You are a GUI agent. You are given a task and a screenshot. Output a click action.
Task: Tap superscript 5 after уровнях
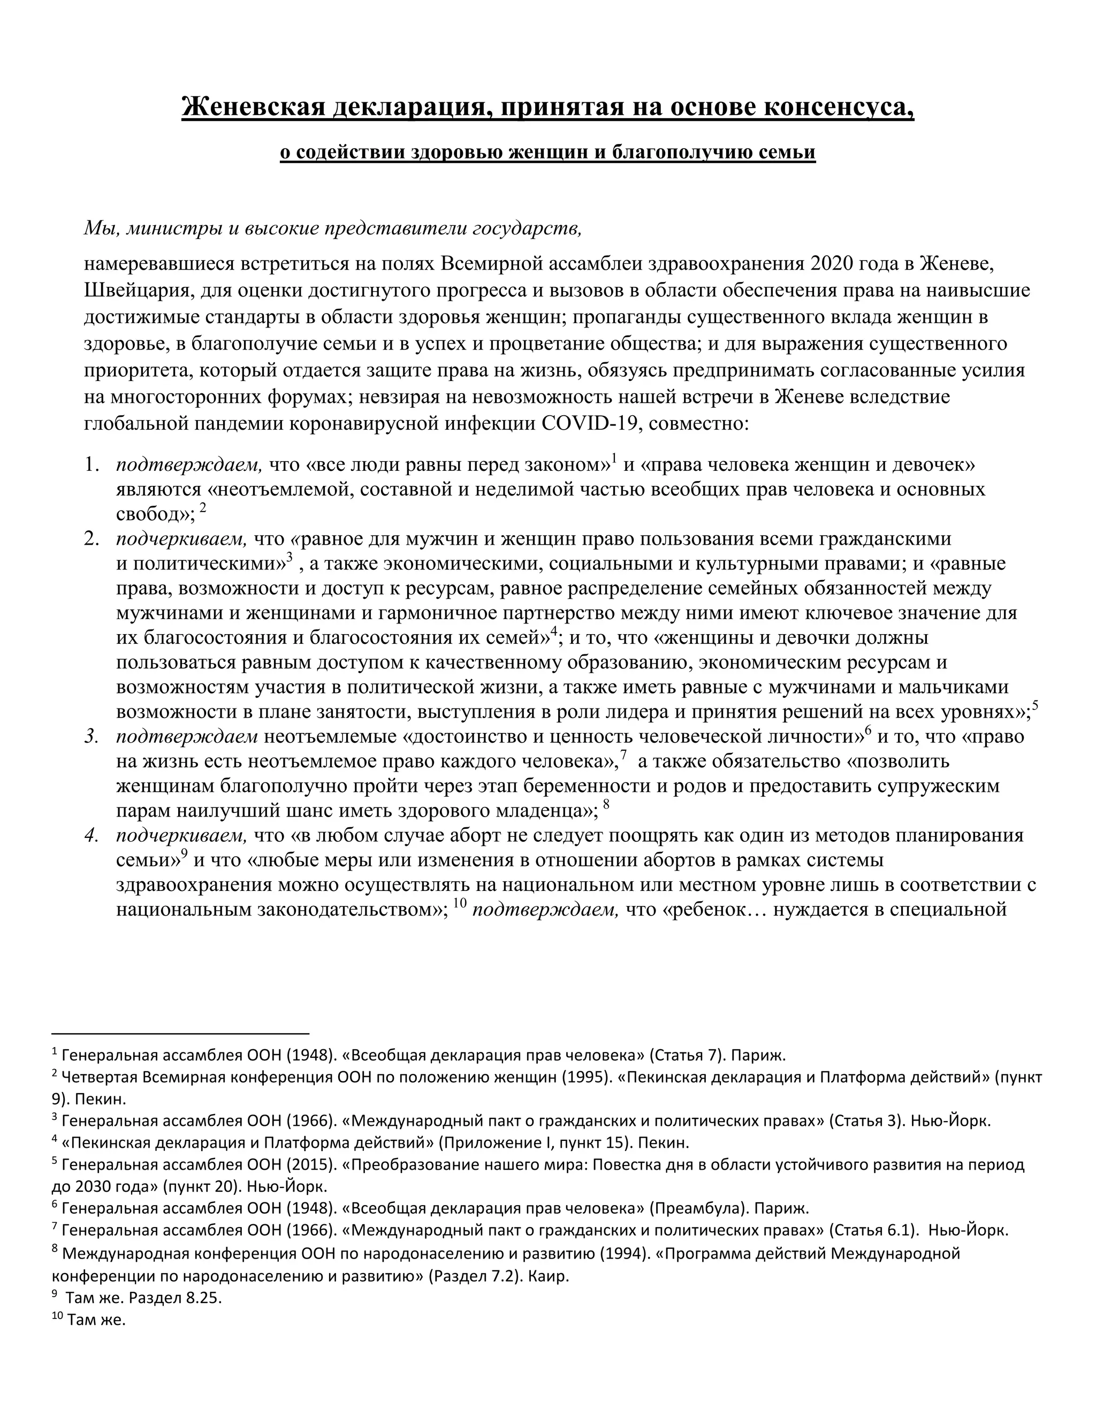[1036, 705]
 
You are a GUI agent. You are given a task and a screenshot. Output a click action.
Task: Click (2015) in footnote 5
[314, 1164]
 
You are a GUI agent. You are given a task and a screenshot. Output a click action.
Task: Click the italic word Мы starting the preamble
[97, 228]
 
